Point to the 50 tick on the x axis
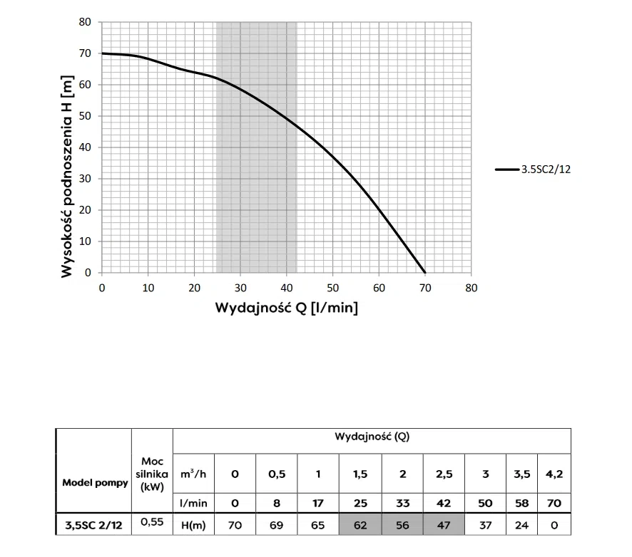pyautogui.click(x=332, y=287)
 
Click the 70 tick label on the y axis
pyautogui.click(x=86, y=53)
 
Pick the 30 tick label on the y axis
pyautogui.click(x=86, y=179)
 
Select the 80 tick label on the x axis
pyautogui.click(x=471, y=287)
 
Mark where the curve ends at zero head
pyautogui.click(x=424, y=273)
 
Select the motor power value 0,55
pyautogui.click(x=151, y=522)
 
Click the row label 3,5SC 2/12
pyautogui.click(x=94, y=525)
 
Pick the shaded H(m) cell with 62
pyautogui.click(x=360, y=525)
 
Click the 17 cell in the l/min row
pyautogui.click(x=318, y=502)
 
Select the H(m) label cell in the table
pyautogui.click(x=194, y=525)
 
